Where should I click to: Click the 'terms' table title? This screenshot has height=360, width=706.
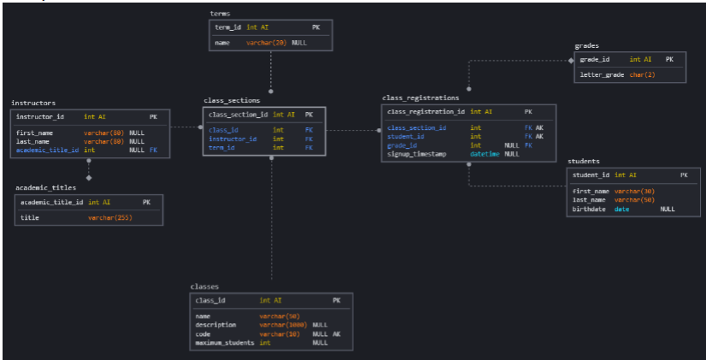point(220,14)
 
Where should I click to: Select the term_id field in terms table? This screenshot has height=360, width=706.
point(228,27)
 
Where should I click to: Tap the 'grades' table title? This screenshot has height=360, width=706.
point(586,45)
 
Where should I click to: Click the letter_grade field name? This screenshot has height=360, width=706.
point(602,74)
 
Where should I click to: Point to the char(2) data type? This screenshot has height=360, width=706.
point(644,74)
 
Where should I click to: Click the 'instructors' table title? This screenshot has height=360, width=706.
point(33,103)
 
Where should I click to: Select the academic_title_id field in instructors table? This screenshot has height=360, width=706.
point(47,150)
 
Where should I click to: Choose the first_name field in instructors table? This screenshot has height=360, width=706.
point(34,133)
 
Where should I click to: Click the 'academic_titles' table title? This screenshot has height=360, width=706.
point(45,187)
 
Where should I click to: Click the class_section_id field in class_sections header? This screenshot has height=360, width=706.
point(238,114)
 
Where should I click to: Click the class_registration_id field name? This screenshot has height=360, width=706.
point(426,111)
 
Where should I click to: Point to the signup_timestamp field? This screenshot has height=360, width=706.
point(418,154)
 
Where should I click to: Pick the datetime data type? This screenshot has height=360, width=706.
point(485,154)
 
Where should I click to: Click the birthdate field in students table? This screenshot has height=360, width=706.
point(589,209)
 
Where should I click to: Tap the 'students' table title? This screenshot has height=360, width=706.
point(583,161)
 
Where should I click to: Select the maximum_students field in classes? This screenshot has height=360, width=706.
point(225,342)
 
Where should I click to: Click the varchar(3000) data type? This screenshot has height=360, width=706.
point(283,325)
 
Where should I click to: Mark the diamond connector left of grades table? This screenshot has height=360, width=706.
point(572,60)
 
